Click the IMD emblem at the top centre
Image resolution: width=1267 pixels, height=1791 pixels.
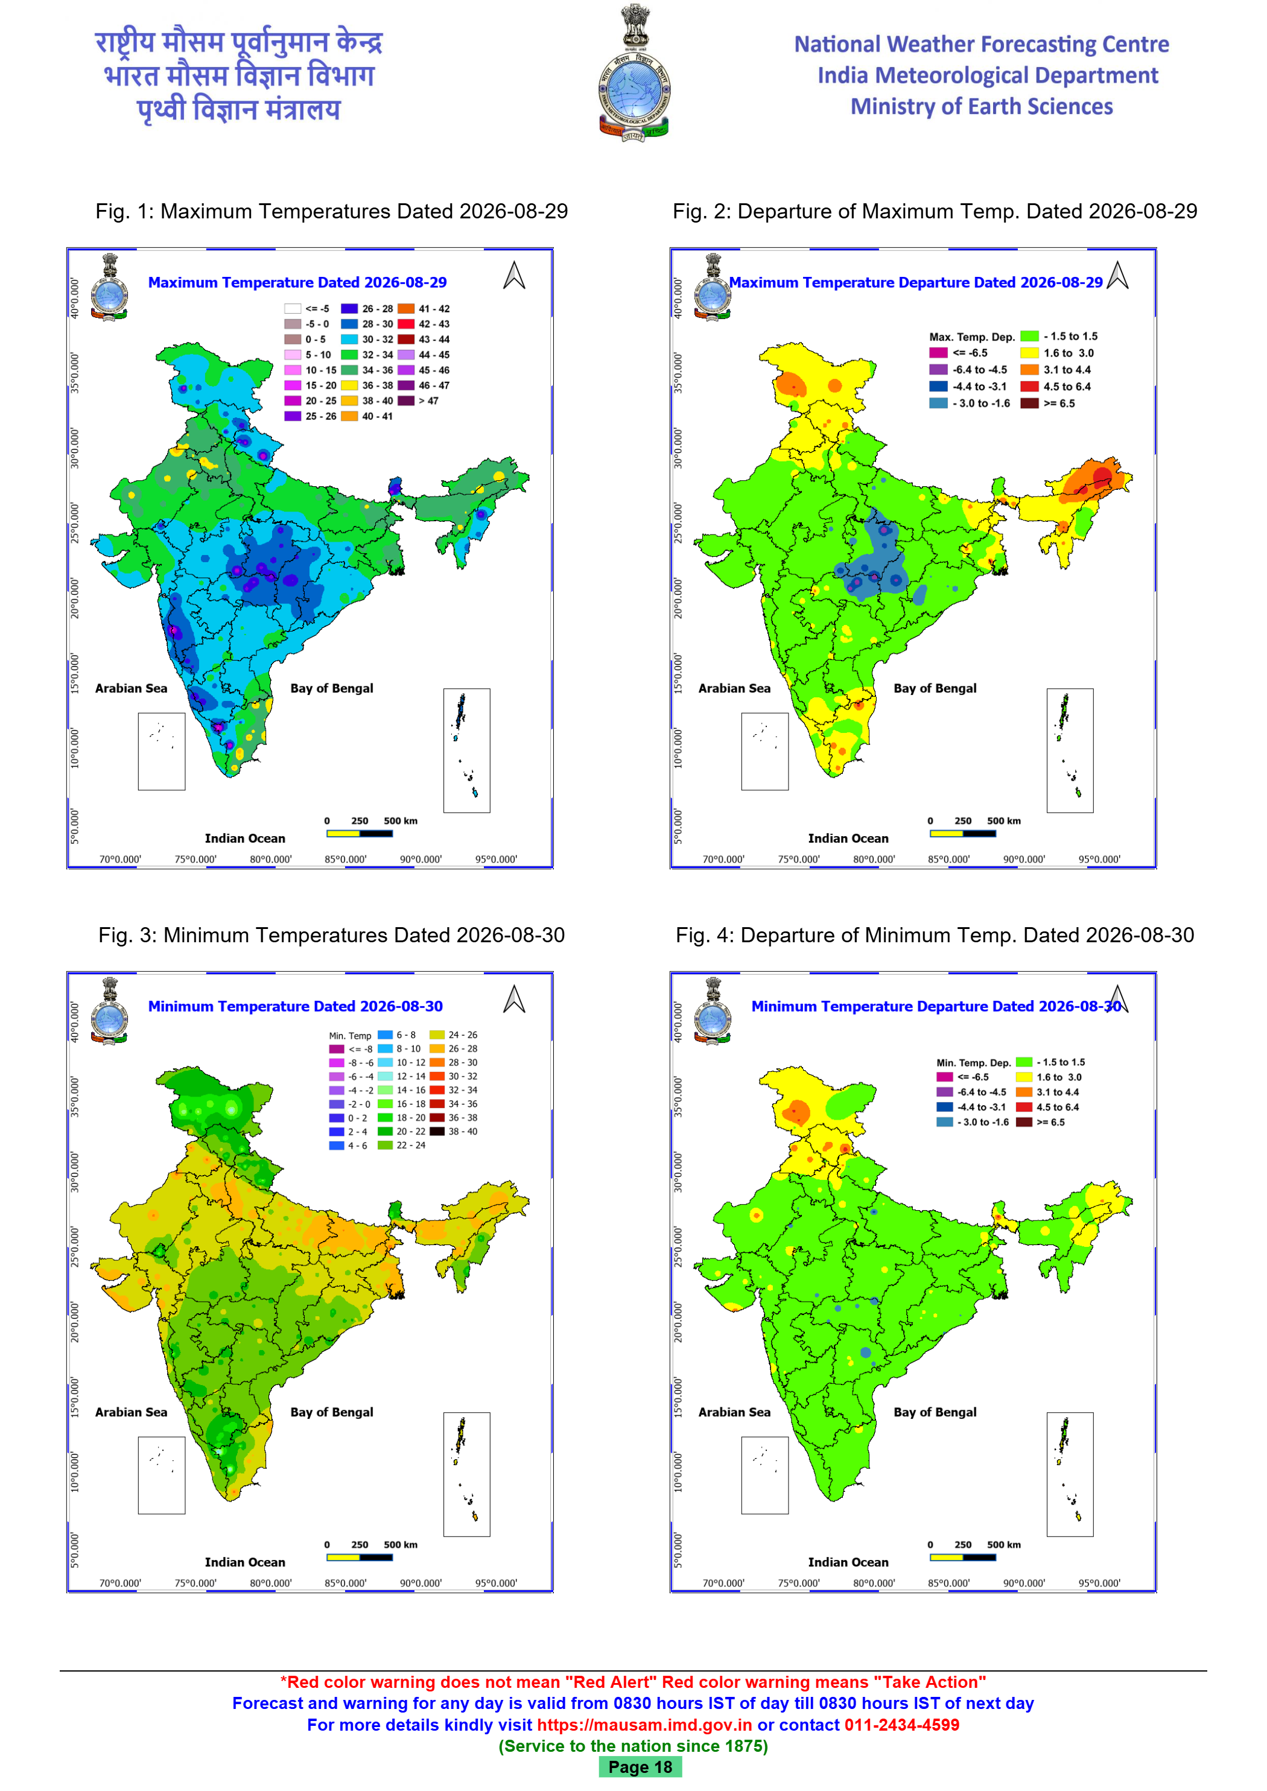pos(634,72)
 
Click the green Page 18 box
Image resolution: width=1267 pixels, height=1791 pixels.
pos(640,1767)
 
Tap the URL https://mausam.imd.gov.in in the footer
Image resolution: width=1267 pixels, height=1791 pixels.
pos(644,1725)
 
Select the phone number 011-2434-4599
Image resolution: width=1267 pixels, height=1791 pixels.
pos(902,1725)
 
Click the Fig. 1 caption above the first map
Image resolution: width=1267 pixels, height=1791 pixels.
pos(332,211)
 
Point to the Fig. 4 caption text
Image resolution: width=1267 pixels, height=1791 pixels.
pos(935,935)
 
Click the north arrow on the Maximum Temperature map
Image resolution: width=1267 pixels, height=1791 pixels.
pos(514,275)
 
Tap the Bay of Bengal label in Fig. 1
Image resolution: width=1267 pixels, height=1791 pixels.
pos(332,688)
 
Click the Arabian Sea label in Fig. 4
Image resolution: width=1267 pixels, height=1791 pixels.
pos(734,1412)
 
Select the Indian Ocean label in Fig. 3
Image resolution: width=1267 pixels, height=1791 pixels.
pos(245,1562)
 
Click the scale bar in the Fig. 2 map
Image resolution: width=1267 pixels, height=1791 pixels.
pos(963,833)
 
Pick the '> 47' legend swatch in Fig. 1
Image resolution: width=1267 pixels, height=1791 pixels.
pos(405,401)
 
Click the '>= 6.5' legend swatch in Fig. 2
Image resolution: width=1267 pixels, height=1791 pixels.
pos(1030,404)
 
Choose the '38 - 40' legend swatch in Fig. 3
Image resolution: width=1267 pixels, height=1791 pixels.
pos(437,1131)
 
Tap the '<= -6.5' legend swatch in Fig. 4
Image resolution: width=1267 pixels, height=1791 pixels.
pos(945,1077)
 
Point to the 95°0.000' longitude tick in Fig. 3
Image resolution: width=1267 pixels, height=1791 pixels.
pos(496,1583)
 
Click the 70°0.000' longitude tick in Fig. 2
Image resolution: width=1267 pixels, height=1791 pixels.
pos(723,859)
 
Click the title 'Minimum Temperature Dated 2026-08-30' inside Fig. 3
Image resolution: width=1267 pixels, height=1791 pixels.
pos(296,1006)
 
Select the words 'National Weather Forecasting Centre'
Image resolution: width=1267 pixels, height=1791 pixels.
pos(982,45)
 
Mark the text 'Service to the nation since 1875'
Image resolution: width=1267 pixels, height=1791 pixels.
pos(634,1746)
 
